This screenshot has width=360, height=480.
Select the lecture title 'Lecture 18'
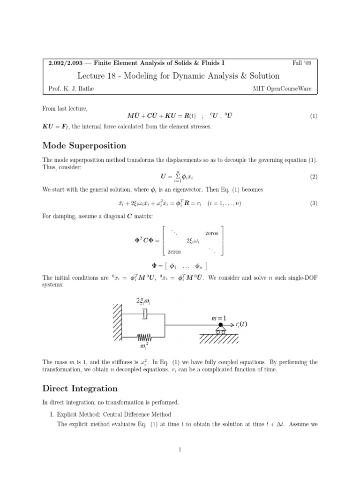(x=100, y=75)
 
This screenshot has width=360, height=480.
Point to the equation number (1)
(x=314, y=116)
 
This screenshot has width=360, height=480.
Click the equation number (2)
(x=314, y=177)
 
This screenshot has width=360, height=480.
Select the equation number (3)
(x=314, y=203)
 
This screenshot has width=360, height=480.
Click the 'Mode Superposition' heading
(x=84, y=146)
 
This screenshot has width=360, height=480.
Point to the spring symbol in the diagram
(x=144, y=336)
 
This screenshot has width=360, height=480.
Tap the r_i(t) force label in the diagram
(x=242, y=324)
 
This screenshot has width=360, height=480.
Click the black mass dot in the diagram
(x=220, y=324)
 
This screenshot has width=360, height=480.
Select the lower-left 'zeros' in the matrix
(x=174, y=252)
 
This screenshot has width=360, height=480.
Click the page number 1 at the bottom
(x=180, y=450)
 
